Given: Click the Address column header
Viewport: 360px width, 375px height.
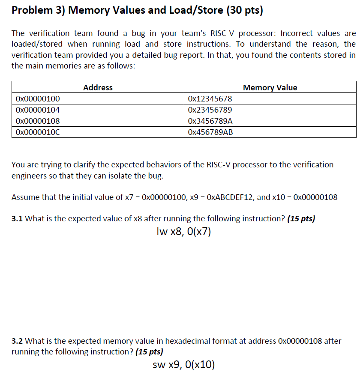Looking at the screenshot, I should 98,88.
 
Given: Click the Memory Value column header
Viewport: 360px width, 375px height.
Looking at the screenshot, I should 270,88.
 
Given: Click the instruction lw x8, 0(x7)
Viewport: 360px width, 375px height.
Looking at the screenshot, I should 184,232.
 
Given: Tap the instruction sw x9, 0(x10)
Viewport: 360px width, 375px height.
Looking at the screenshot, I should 184,365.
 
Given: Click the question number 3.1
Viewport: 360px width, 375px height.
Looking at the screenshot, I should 17,219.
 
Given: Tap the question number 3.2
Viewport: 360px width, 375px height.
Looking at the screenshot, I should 17,341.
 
